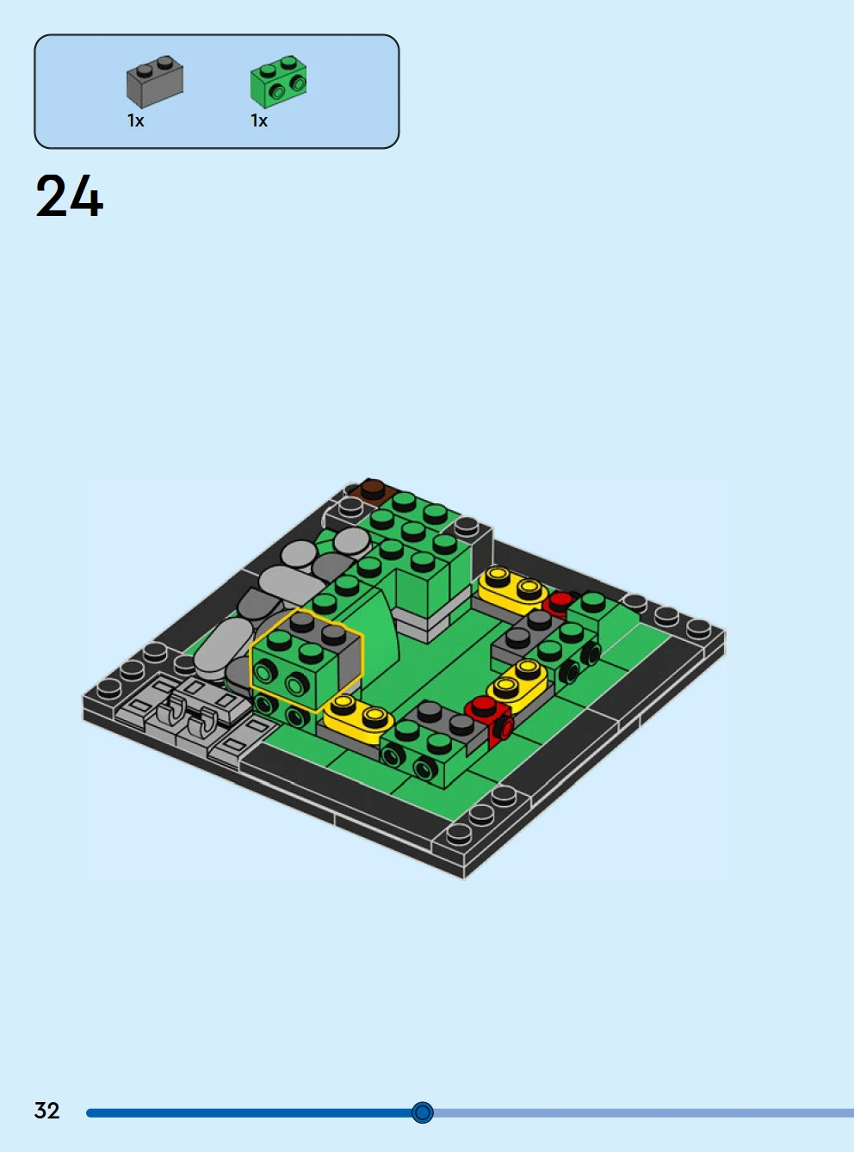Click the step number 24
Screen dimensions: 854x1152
[69, 196]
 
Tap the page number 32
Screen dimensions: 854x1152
[46, 1111]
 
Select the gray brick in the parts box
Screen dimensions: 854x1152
[154, 82]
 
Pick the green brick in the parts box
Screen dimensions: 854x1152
[279, 82]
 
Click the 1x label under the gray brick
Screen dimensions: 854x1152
[136, 121]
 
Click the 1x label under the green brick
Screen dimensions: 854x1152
[259, 121]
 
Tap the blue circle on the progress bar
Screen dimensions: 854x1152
[422, 1112]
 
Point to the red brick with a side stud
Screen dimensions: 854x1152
[492, 718]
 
